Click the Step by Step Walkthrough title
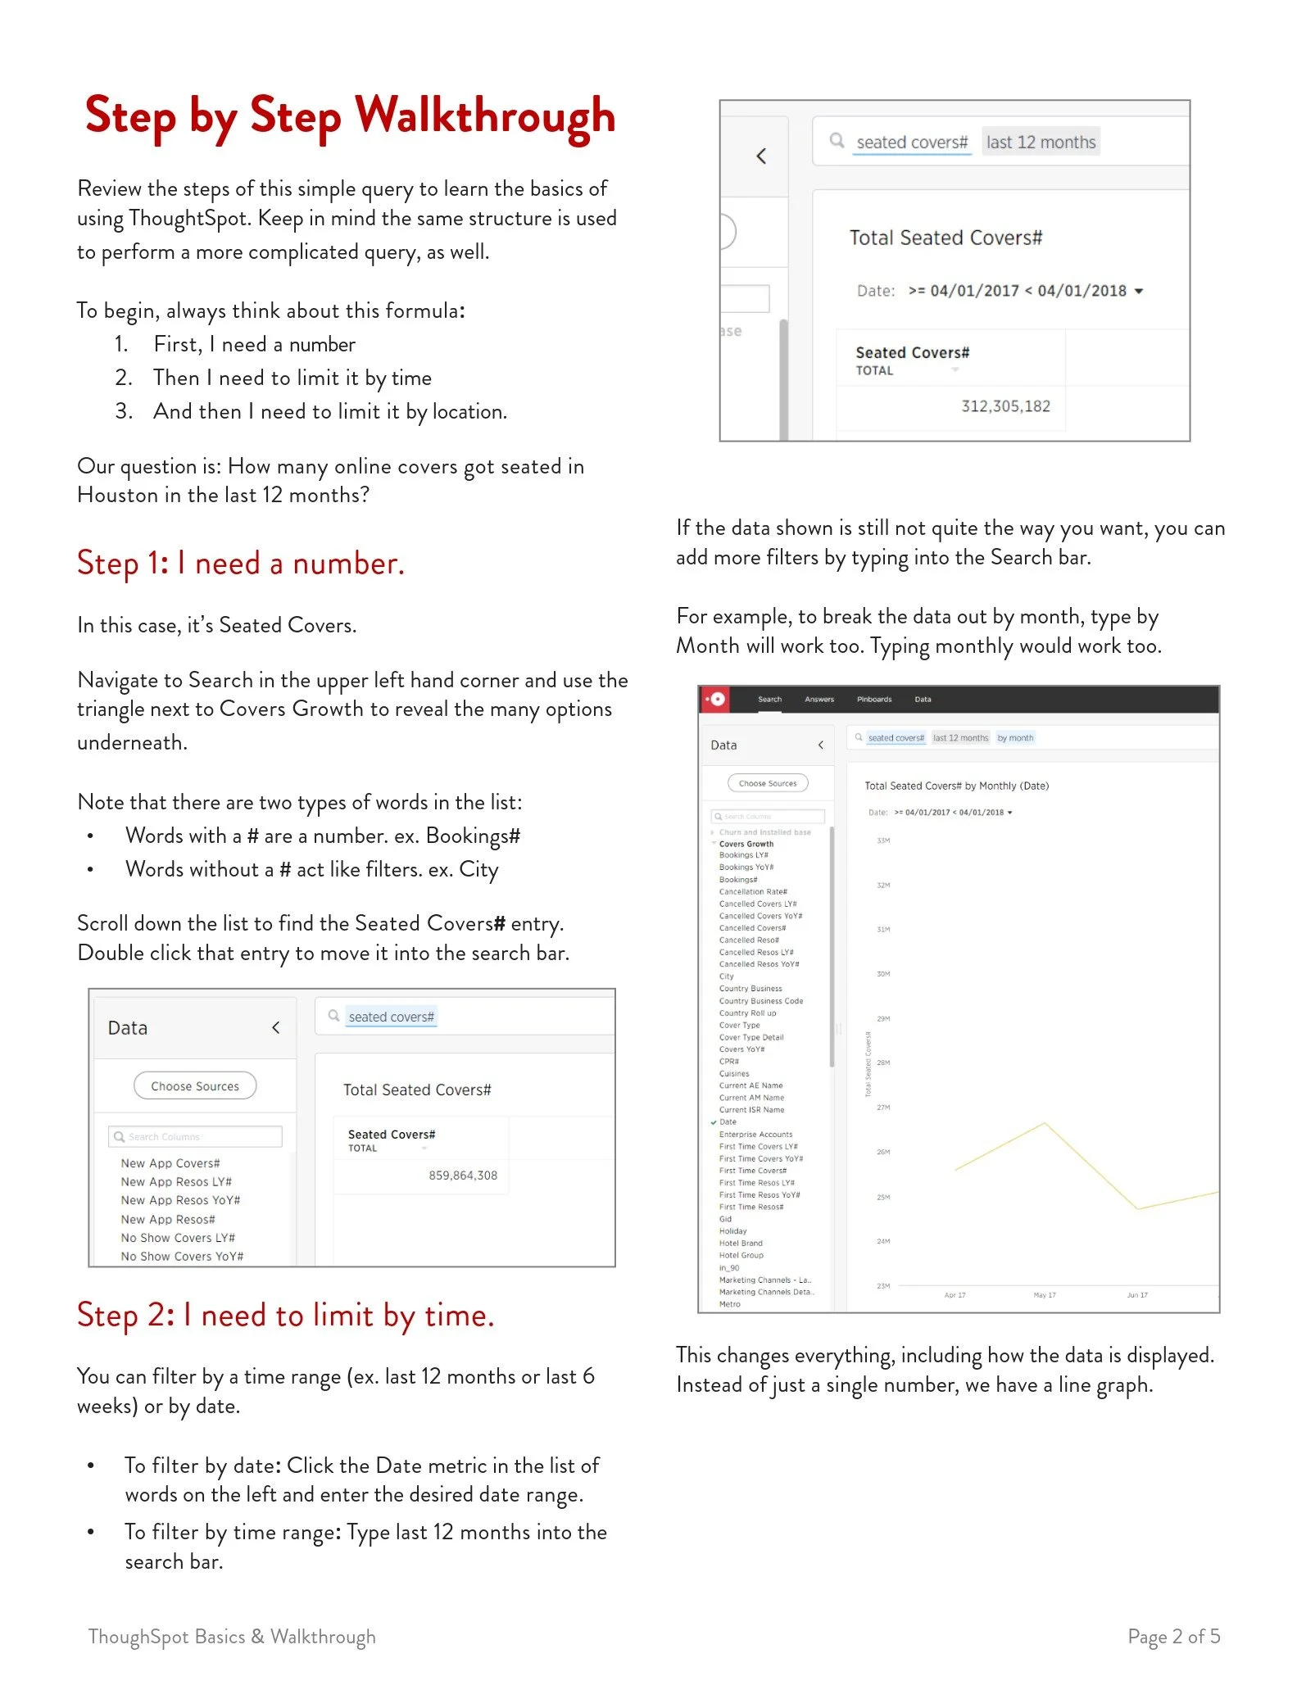click(x=350, y=116)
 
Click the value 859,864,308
click(x=462, y=1176)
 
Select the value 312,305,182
click(x=1004, y=406)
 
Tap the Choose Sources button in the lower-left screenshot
click(x=195, y=1086)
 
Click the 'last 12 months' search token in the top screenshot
click(x=1040, y=143)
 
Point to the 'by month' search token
click(x=1015, y=738)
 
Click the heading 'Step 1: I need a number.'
click(x=240, y=564)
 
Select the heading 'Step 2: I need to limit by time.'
click(x=285, y=1315)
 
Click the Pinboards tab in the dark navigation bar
click(x=873, y=700)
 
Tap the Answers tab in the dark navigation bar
click(x=819, y=700)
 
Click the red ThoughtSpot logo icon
click(x=717, y=700)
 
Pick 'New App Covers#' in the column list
click(x=170, y=1163)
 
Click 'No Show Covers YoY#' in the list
click(x=182, y=1257)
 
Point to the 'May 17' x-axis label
click(x=1044, y=1295)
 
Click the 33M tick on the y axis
click(x=882, y=840)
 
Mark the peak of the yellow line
click(x=1044, y=1123)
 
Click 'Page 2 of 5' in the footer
click(x=1173, y=1637)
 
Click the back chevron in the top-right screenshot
click(x=761, y=156)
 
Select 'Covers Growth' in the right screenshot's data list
click(x=746, y=844)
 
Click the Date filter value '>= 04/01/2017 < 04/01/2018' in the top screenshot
click(x=1017, y=291)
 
